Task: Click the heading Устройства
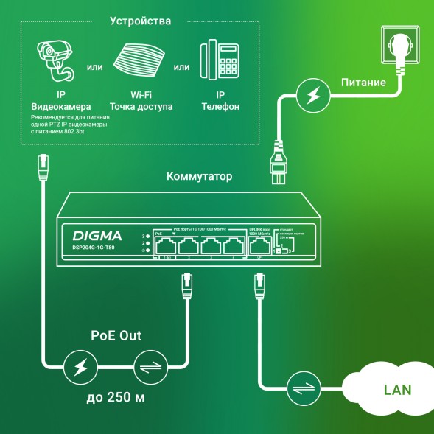(x=140, y=21)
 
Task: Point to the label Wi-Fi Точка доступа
(x=141, y=101)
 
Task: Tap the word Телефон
(x=220, y=107)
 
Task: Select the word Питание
(x=363, y=83)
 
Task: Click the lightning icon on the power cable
(x=313, y=95)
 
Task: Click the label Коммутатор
(x=199, y=177)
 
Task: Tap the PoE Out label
(x=116, y=336)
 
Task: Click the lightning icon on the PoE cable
(x=78, y=366)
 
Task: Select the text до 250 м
(x=116, y=398)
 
